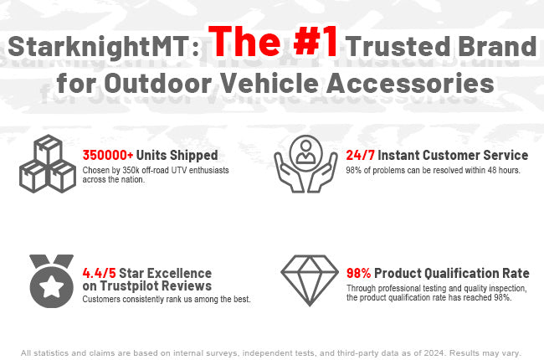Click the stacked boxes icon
[48, 164]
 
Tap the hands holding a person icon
[305, 164]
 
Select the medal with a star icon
[51, 280]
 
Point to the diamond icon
[310, 280]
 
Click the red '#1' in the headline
[315, 42]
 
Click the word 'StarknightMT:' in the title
[104, 47]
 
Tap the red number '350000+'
[108, 155]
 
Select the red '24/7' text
[360, 155]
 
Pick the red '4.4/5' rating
[100, 273]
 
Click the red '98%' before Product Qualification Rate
[359, 273]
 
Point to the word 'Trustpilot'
[130, 286]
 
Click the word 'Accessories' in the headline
[410, 84]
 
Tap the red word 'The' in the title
[244, 42]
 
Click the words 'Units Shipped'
[177, 156]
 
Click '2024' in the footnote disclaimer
[433, 353]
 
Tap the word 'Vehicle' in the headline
[269, 84]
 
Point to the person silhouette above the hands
[305, 152]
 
